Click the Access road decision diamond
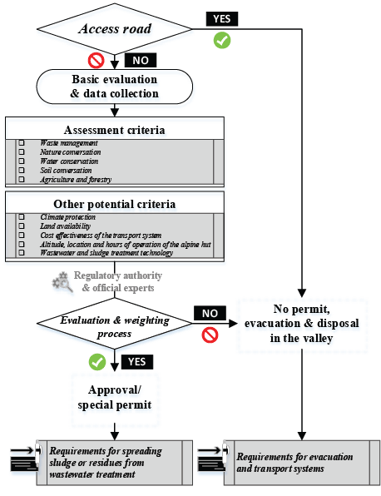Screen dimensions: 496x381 (115, 27)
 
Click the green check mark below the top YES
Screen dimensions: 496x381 (222, 39)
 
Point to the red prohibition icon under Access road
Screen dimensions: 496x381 (98, 60)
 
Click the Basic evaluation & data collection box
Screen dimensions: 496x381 (115, 87)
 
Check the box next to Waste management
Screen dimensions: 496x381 (22, 143)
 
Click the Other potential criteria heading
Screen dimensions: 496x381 (115, 204)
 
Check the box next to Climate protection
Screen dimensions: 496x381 (22, 217)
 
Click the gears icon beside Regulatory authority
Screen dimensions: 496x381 (62, 282)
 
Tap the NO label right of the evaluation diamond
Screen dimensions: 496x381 (210, 313)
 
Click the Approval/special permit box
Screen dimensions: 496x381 (115, 398)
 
